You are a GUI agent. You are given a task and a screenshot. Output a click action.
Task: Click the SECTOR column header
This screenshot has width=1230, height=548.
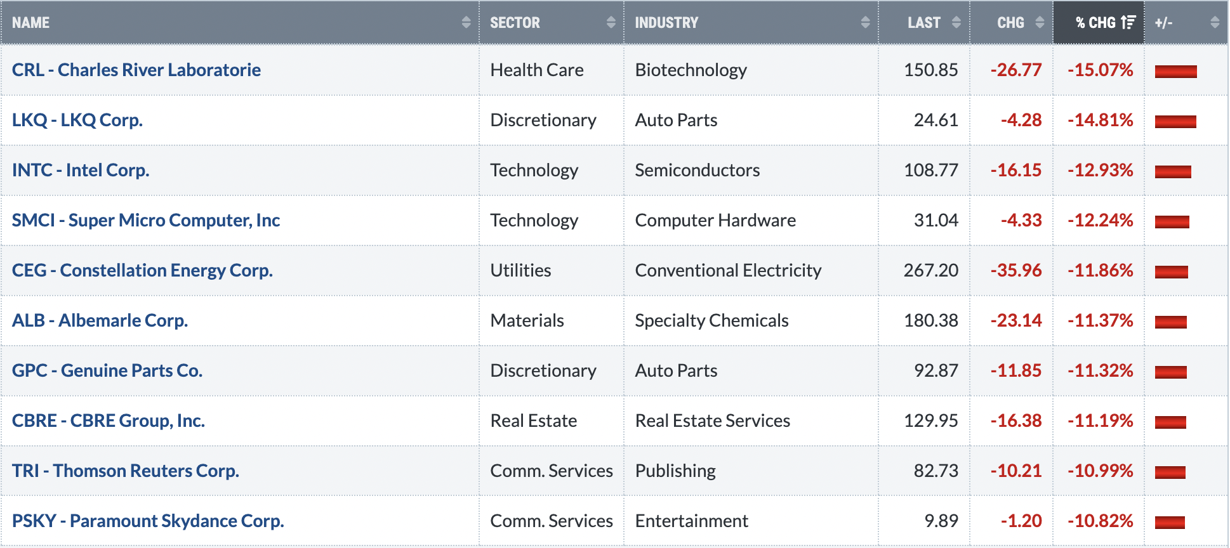click(x=515, y=23)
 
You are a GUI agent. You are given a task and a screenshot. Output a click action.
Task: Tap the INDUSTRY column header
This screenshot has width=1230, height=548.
click(x=666, y=23)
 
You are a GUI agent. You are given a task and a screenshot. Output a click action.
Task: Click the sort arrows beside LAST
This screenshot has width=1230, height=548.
click(x=956, y=23)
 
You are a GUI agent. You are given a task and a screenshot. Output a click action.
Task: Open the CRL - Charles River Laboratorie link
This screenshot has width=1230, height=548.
click(x=136, y=70)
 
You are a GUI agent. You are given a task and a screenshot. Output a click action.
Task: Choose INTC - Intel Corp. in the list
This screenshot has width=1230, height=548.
click(x=81, y=170)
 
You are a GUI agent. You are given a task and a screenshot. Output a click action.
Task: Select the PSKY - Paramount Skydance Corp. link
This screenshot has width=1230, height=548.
click(x=148, y=521)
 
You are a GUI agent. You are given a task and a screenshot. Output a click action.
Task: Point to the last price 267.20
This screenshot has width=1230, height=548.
click(x=931, y=270)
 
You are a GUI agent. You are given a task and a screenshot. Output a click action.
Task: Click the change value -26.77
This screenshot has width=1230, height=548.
click(x=1016, y=70)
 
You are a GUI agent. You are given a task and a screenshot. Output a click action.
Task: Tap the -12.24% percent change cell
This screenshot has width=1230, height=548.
click(x=1101, y=220)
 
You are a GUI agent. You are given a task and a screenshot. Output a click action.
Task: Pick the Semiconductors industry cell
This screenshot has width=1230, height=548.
click(x=698, y=170)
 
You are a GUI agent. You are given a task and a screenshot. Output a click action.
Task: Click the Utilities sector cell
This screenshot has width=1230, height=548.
click(x=520, y=270)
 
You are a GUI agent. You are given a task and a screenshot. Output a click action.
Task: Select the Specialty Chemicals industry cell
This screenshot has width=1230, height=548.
click(x=712, y=320)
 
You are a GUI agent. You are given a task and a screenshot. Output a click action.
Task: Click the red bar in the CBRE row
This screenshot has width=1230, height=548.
click(x=1170, y=422)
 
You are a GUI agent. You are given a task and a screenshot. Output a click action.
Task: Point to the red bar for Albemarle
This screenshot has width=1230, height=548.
click(x=1171, y=322)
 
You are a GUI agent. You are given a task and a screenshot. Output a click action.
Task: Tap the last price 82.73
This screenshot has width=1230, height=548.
click(x=936, y=471)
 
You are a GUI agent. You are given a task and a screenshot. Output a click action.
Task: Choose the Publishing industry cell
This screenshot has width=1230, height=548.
click(x=675, y=471)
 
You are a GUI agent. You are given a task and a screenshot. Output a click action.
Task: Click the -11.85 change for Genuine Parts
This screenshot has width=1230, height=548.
click(x=1016, y=370)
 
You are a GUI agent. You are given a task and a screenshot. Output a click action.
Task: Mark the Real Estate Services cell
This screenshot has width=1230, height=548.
click(x=713, y=421)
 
